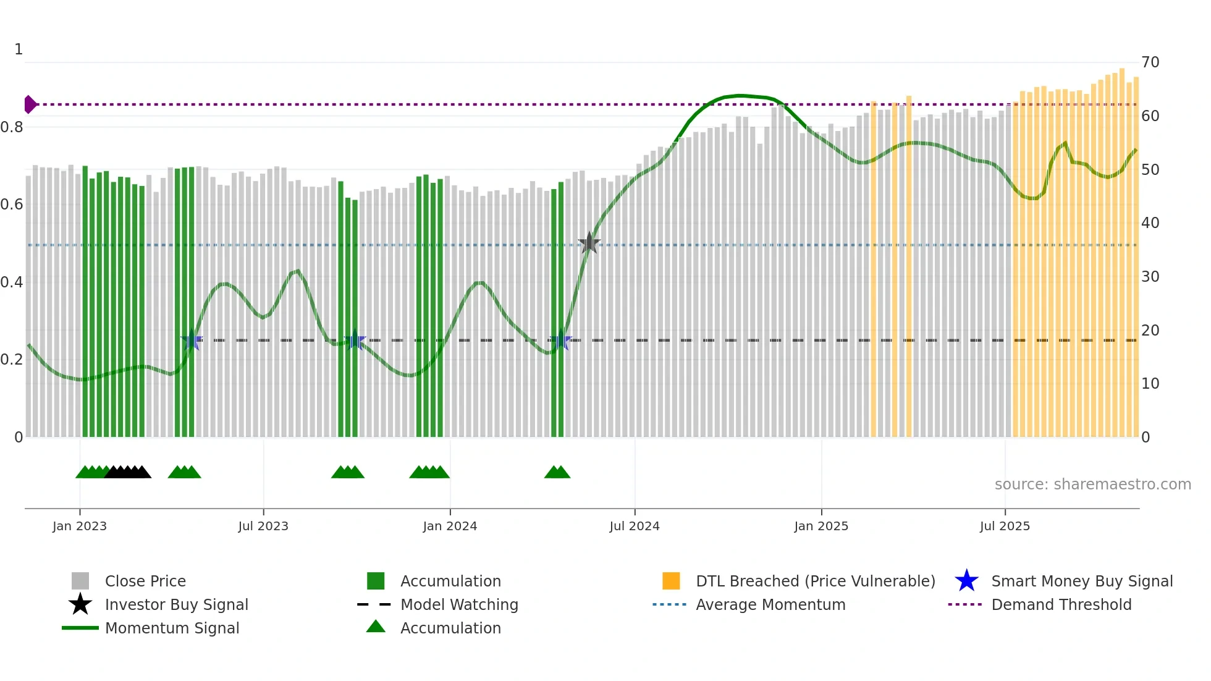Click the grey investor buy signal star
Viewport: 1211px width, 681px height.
coord(589,243)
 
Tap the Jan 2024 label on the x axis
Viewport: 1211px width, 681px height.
coord(450,526)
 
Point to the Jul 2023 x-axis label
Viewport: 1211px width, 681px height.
coord(263,526)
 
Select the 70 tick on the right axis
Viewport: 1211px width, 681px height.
coord(1150,62)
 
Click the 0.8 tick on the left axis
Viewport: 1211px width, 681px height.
coord(12,127)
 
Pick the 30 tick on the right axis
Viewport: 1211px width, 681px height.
coord(1150,277)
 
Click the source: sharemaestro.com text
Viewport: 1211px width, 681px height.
coord(1092,484)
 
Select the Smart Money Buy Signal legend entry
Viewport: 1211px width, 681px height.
coord(1081,582)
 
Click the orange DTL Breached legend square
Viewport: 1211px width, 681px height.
coord(671,581)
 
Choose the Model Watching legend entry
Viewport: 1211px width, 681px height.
coord(458,605)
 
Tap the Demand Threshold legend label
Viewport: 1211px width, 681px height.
coord(1061,605)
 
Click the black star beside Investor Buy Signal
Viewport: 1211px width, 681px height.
coord(80,604)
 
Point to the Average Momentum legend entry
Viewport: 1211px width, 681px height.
coord(770,605)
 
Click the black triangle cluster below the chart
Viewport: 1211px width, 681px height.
coord(128,472)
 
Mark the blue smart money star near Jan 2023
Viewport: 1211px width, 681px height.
coord(192,340)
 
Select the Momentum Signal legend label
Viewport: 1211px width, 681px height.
coord(172,628)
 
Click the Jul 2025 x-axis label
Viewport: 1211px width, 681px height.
coord(1005,526)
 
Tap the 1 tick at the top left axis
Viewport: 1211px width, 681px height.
coord(19,49)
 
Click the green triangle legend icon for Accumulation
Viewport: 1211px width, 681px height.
coord(376,627)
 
